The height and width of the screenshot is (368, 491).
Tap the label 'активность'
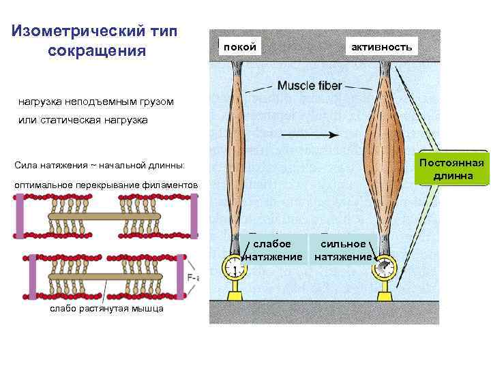(x=381, y=46)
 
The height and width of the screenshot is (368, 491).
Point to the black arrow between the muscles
(x=310, y=135)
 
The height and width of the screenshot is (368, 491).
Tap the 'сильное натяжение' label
(x=343, y=250)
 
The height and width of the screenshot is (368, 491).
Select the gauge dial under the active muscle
(x=383, y=267)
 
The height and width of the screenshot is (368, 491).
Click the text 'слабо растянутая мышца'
(x=107, y=309)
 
